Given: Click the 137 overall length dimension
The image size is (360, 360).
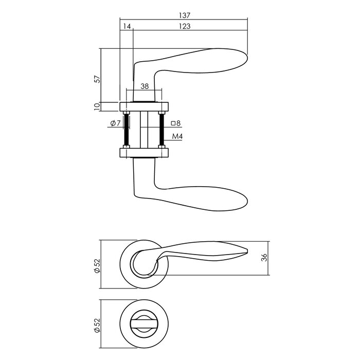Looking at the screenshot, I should tap(184, 16).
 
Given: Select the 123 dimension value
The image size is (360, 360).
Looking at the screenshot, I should tap(184, 27).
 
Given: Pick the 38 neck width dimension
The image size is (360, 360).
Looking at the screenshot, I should tap(145, 86).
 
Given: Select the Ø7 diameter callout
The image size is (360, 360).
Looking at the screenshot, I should tap(114, 123).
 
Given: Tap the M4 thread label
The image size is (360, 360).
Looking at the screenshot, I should tap(177, 136).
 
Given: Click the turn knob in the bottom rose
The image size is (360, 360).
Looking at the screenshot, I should tap(145, 322).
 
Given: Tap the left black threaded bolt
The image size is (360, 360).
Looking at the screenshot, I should tap(126, 130).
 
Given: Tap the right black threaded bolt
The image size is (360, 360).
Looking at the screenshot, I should tap(163, 130).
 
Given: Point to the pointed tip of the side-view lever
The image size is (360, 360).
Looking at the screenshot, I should tap(247, 250).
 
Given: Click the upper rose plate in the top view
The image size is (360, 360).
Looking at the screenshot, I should tap(145, 107).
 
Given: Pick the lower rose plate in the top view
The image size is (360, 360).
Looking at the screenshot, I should tap(145, 152).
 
